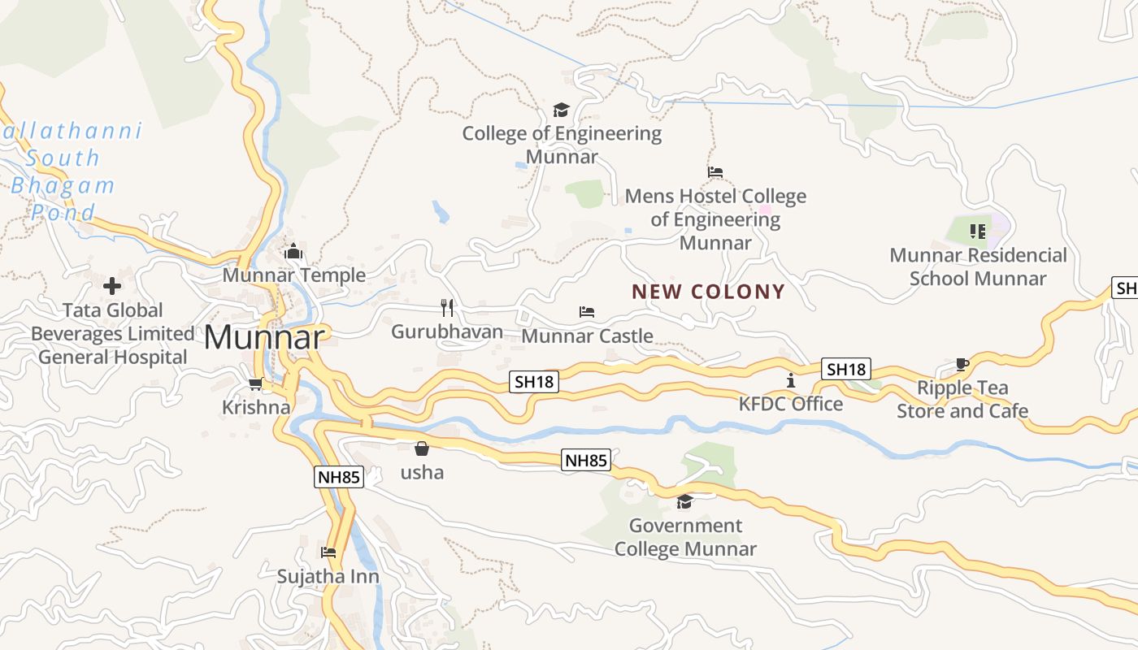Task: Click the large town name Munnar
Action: click(264, 337)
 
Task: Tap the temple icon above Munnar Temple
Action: click(293, 252)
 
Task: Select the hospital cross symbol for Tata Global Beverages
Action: click(112, 286)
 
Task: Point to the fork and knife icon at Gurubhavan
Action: click(446, 307)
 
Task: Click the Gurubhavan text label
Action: click(446, 331)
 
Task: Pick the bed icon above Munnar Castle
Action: click(587, 311)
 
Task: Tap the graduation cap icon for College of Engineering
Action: click(561, 110)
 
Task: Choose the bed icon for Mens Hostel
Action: click(715, 172)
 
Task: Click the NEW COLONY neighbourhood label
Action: click(708, 292)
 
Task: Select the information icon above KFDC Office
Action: click(790, 379)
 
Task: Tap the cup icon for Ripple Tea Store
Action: click(962, 364)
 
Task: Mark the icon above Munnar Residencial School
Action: click(978, 232)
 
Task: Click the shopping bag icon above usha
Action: click(422, 448)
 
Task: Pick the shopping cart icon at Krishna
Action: click(256, 383)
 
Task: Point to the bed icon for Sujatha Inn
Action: click(328, 552)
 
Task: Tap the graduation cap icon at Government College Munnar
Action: click(684, 501)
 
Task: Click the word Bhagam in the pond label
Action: click(63, 185)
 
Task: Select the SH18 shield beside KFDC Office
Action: click(846, 369)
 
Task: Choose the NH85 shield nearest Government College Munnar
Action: click(586, 461)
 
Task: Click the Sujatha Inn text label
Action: click(328, 576)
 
